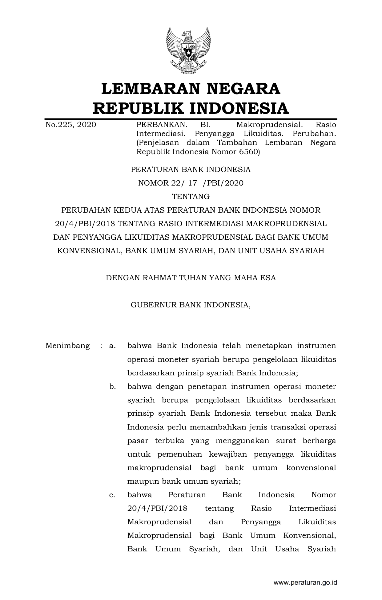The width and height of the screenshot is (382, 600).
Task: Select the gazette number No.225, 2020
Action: pyautogui.click(x=70, y=125)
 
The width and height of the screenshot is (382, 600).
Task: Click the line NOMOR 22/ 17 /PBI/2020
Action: pyautogui.click(x=191, y=183)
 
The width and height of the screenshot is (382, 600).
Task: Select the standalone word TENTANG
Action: pyautogui.click(x=191, y=196)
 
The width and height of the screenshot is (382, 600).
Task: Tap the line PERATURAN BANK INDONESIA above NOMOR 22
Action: pyautogui.click(x=191, y=170)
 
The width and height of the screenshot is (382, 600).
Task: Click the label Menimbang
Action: pyautogui.click(x=67, y=346)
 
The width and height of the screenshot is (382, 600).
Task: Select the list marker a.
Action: pyautogui.click(x=112, y=346)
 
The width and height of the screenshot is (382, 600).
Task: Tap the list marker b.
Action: pyautogui.click(x=112, y=386)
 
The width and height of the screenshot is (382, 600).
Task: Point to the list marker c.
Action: pyautogui.click(x=112, y=495)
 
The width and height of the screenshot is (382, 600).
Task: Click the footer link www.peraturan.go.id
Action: pyautogui.click(x=305, y=582)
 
